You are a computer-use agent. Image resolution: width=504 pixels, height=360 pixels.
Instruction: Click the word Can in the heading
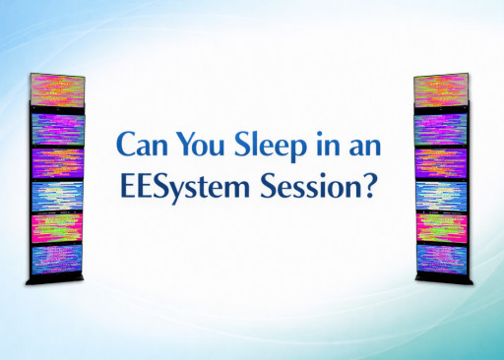click(x=142, y=144)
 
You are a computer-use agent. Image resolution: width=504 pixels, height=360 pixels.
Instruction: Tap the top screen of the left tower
click(x=57, y=91)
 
